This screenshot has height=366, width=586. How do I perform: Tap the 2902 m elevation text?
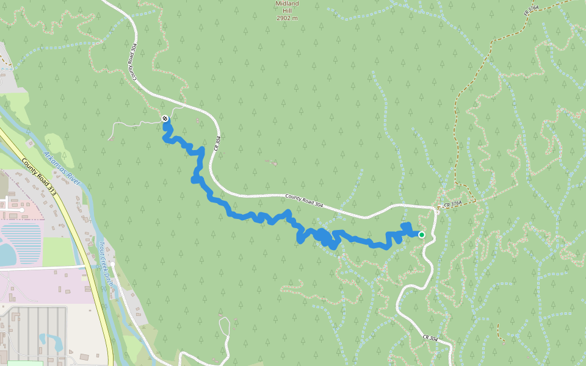pos(287,18)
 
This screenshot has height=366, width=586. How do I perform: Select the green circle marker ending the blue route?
pos(421,234)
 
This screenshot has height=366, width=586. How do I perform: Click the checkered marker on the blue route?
pos(165,118)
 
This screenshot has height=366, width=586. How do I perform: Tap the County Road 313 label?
pos(39,177)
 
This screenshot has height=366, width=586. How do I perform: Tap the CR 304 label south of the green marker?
pos(430,337)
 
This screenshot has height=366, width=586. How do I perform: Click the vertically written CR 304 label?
pos(216,145)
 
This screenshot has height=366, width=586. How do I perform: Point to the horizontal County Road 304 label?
pos(304,201)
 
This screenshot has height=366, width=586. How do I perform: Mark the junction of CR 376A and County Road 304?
pos(438,208)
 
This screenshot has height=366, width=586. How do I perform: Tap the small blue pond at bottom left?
pos(51,342)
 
